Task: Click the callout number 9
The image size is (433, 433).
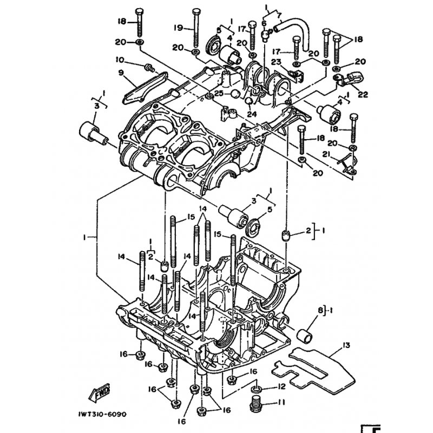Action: [121, 73]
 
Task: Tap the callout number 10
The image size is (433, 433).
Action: [120, 60]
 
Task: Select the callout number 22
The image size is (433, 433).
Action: [362, 94]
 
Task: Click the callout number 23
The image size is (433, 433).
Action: [275, 62]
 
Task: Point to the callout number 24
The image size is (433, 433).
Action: [251, 114]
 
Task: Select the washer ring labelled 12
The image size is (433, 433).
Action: [257, 389]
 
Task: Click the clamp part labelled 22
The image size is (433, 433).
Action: [345, 81]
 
